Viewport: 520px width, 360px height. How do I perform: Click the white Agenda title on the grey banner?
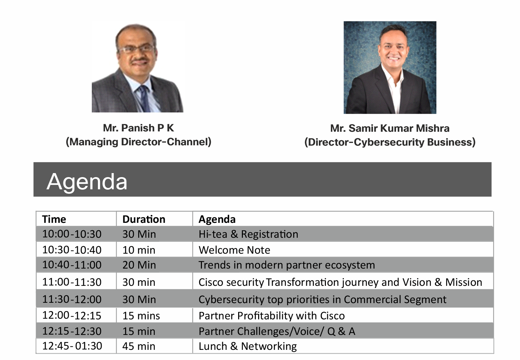coord(87,182)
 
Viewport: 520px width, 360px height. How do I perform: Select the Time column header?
coord(54,219)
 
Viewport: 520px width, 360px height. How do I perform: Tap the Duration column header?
coord(144,219)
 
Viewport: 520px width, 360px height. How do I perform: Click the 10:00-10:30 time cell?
coord(72,234)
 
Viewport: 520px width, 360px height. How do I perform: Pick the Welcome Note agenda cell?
coord(234,250)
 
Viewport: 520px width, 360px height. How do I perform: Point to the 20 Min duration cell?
coord(139,265)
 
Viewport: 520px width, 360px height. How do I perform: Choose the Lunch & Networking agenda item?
coord(248,346)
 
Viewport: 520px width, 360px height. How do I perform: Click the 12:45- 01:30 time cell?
coord(72,346)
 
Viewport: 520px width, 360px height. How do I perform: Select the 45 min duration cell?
coord(139,346)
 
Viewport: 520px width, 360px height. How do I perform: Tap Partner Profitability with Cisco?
coord(272,316)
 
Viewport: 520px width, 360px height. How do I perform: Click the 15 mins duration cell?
coord(141,316)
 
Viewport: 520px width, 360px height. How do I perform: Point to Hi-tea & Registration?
coord(248,234)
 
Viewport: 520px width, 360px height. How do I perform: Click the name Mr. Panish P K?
coord(138,128)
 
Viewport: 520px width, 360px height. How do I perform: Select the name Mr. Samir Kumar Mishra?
coord(390,128)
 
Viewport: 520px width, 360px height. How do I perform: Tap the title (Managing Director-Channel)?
coord(139,142)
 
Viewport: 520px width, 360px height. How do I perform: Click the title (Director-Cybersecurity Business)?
coord(390,142)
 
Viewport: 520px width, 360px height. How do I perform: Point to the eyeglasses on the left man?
coord(136,49)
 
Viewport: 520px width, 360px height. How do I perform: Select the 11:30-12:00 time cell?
coord(72,299)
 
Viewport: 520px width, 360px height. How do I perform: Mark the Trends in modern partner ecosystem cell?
coord(287,265)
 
